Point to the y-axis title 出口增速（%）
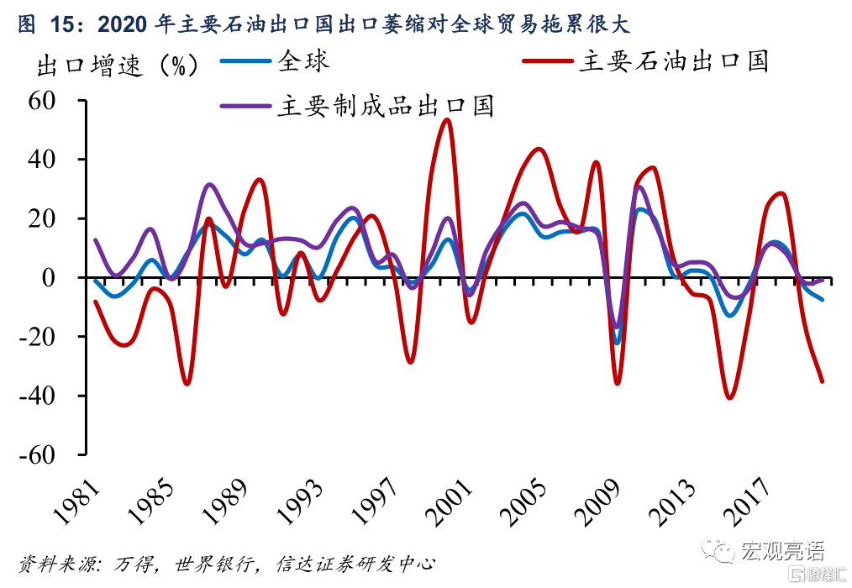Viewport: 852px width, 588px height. pos(118,65)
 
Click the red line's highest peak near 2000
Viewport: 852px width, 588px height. pos(447,119)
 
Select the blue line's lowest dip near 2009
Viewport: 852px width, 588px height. pos(617,343)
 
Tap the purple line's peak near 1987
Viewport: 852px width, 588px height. pos(210,184)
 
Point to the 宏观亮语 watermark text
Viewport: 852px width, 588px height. pos(781,550)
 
